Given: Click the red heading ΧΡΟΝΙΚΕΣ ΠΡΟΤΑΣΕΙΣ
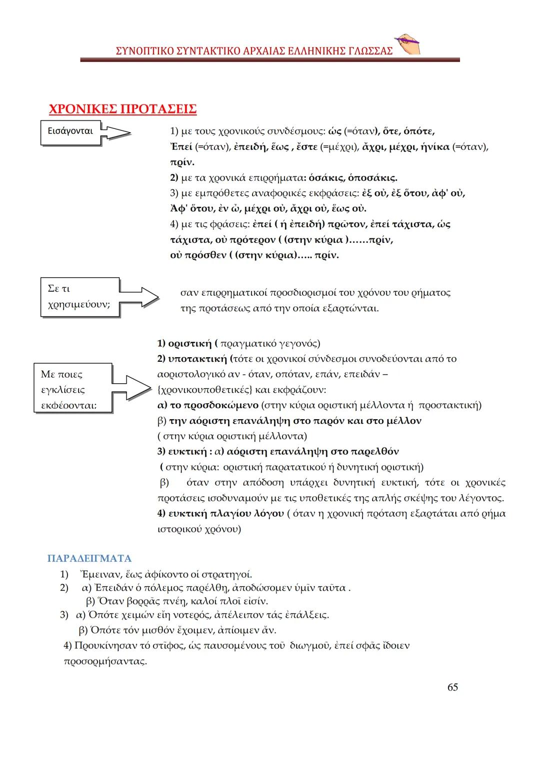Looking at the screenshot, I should tap(122, 109).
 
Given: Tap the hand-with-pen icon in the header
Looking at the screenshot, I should tap(407, 45).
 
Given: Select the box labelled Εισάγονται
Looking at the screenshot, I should tap(70, 132).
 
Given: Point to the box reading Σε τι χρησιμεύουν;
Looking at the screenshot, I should tap(79, 297).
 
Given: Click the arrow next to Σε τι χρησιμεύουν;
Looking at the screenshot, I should tap(139, 297).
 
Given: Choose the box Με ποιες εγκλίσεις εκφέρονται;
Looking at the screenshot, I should tap(72, 389).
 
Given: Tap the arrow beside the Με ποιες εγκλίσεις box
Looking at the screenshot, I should tap(131, 388).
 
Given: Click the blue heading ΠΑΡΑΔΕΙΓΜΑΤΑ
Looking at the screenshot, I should tap(89, 558).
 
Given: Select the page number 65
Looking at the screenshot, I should tap(452, 687).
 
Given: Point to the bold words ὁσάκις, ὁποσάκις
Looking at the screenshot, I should tap(353, 178).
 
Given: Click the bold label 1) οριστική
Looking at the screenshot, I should tap(184, 344).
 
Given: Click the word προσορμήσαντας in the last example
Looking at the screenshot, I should tap(105, 662).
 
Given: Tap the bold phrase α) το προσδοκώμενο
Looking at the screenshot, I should tap(207, 405).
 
